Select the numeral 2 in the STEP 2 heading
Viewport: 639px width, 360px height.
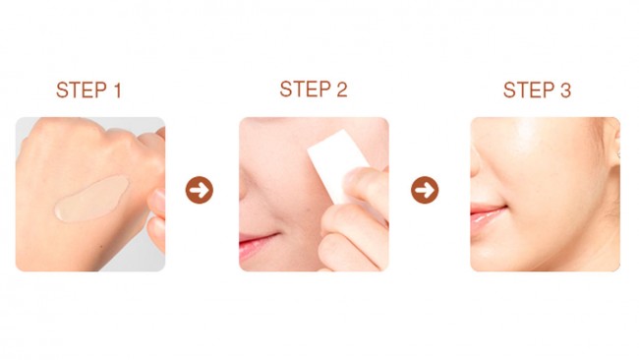click(341, 90)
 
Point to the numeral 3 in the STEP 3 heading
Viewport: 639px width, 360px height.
click(564, 90)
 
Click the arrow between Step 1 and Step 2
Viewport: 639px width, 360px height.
click(200, 190)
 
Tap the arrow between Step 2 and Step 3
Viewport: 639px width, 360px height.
click(425, 190)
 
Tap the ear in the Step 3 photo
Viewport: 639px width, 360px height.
click(614, 148)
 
